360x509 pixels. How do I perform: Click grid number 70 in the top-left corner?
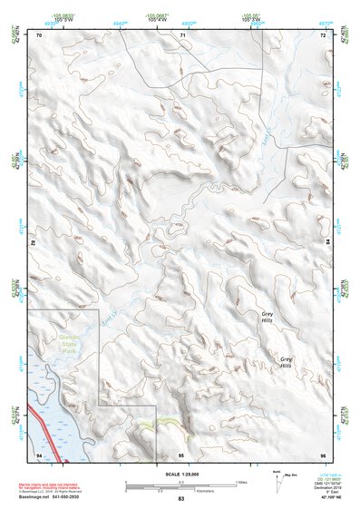(x=39, y=35)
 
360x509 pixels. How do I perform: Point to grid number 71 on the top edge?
(x=181, y=35)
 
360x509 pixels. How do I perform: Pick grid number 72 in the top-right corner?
(x=323, y=35)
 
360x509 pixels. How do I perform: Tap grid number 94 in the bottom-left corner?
(x=39, y=454)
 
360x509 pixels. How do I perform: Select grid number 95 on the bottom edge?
(x=181, y=454)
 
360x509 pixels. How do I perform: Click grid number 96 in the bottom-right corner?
(x=323, y=454)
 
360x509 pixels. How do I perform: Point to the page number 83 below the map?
(x=180, y=499)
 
